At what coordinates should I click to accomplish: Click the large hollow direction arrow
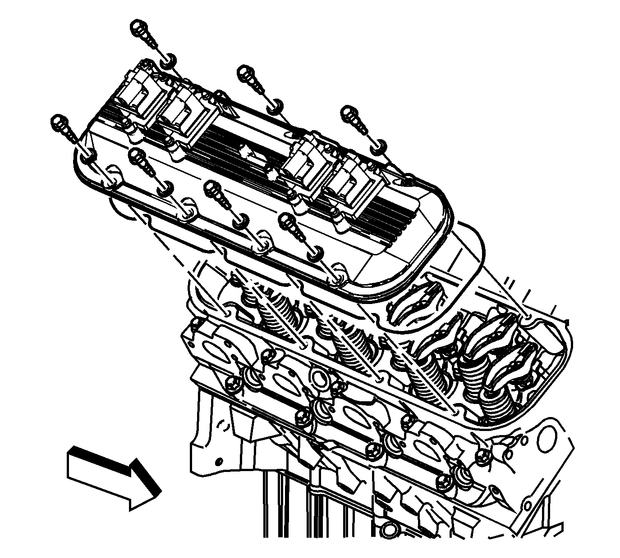pos(113,477)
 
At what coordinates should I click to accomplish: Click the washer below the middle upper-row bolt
pos(275,107)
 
